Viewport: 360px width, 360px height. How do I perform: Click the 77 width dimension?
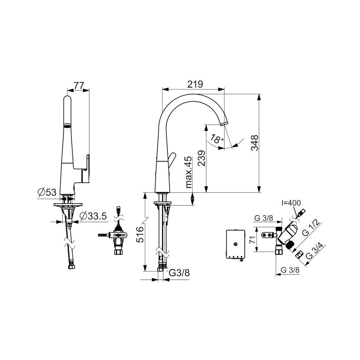point(79,85)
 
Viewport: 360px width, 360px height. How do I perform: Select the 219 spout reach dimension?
point(195,84)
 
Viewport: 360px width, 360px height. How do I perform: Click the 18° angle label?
point(217,139)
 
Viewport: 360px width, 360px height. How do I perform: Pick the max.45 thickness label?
point(188,172)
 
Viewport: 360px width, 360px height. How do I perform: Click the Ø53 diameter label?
point(47,192)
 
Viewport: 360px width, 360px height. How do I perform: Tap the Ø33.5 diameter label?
point(93,216)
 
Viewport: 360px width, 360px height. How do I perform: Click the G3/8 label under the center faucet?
point(179,273)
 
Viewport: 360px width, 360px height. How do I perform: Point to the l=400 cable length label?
point(291,203)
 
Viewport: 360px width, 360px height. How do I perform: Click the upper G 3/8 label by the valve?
point(263,218)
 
